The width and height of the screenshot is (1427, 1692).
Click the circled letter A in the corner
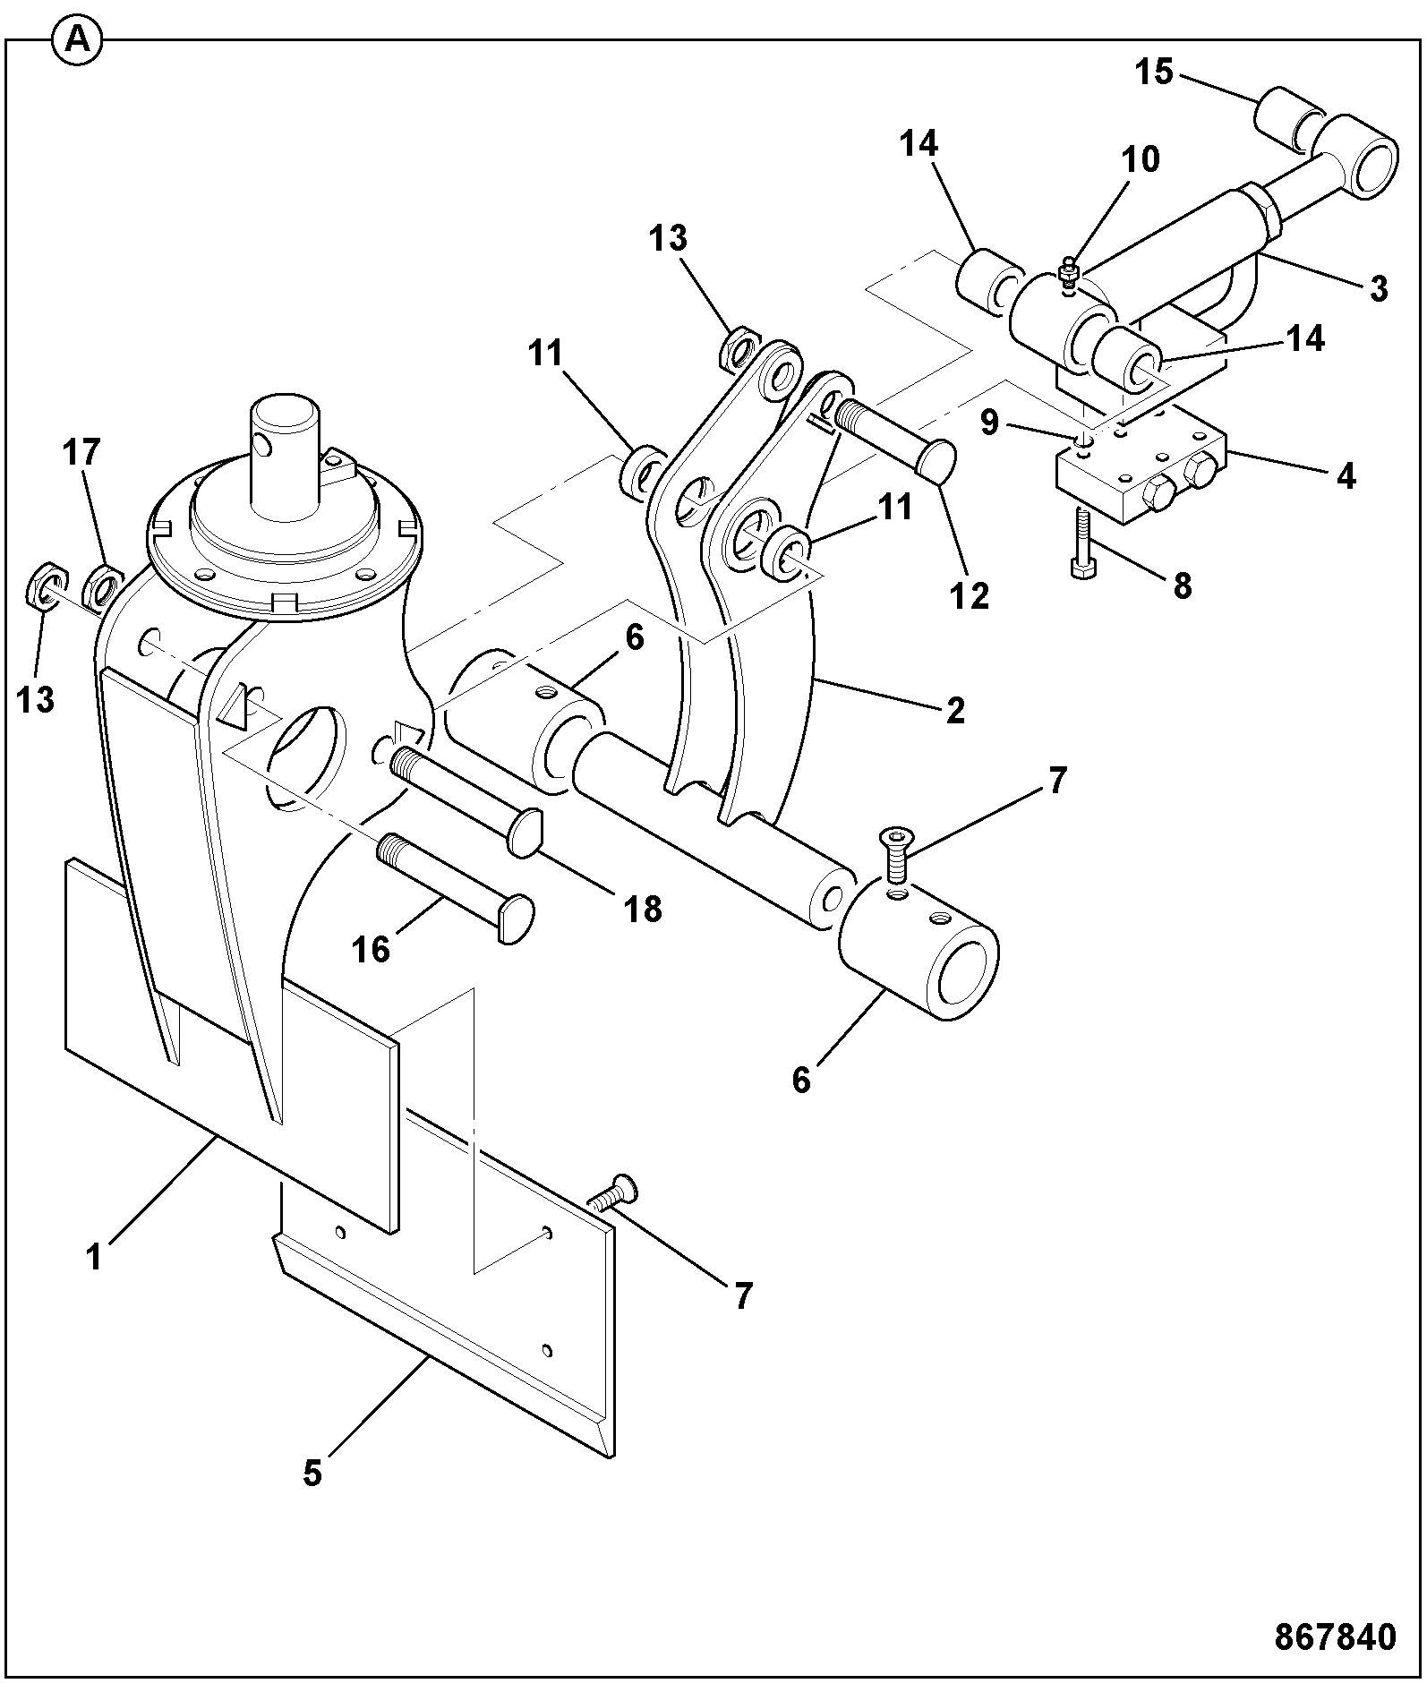click(x=77, y=41)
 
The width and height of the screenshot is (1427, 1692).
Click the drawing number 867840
click(x=1335, y=1636)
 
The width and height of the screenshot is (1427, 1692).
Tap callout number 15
click(x=1155, y=71)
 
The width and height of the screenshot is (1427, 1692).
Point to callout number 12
click(x=970, y=594)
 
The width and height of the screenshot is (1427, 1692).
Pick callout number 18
click(x=643, y=910)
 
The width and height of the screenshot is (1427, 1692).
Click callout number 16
click(x=372, y=950)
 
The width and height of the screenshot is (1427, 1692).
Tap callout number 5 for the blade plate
click(x=312, y=1473)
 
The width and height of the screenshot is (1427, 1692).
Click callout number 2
click(x=955, y=711)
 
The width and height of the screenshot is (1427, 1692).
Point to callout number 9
click(x=989, y=423)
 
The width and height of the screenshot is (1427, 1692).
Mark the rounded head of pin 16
click(x=515, y=919)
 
